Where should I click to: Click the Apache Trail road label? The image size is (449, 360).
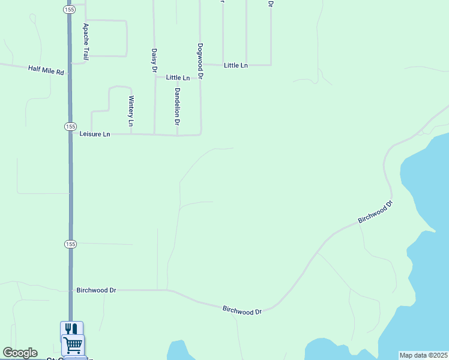click(x=86, y=41)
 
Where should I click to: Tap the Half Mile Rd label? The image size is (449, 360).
click(x=46, y=70)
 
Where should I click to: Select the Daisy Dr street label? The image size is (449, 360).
click(x=154, y=61)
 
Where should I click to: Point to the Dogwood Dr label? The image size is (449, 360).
click(x=200, y=61)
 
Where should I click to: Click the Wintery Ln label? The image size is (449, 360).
click(x=130, y=111)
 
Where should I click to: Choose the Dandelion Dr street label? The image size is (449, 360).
click(x=177, y=107)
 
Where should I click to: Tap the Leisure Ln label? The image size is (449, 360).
click(x=95, y=134)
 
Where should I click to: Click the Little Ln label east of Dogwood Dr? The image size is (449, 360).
click(x=235, y=65)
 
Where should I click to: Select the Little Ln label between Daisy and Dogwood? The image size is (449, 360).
click(x=178, y=77)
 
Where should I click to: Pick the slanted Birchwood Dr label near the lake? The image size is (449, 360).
click(x=375, y=212)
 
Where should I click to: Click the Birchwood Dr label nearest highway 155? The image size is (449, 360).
click(x=96, y=290)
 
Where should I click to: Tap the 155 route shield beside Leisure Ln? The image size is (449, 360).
click(x=70, y=127)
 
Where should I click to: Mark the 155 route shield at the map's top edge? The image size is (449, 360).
click(x=68, y=10)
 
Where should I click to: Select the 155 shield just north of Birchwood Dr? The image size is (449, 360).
click(x=70, y=244)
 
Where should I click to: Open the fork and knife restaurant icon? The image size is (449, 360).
click(x=71, y=329)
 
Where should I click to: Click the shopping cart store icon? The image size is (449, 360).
click(x=73, y=344)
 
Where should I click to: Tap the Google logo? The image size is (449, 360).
click(x=20, y=353)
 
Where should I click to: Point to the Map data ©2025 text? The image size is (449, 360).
click(x=423, y=355)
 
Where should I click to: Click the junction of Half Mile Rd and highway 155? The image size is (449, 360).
click(x=70, y=73)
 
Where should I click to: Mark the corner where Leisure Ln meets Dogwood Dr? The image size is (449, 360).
click(x=200, y=134)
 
